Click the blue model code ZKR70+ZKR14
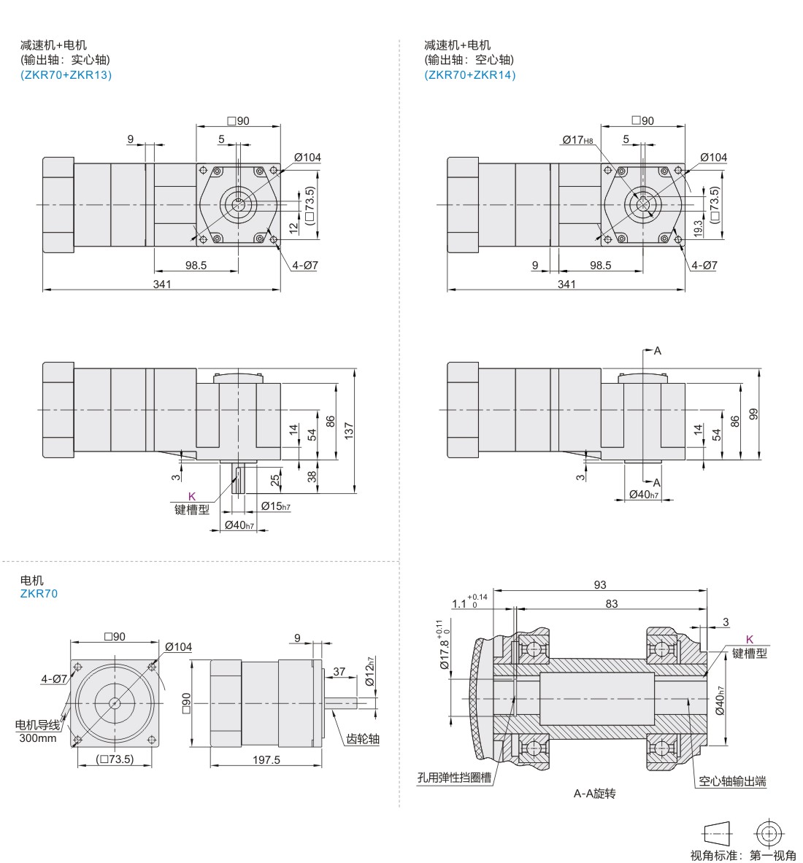469,74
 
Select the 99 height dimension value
754,414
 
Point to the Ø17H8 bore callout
577,140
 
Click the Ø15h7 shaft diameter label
275,506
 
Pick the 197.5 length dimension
266,759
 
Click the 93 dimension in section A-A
600,584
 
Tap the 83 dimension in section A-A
611,603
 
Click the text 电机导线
39,725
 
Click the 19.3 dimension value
699,228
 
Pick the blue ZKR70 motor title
39,593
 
